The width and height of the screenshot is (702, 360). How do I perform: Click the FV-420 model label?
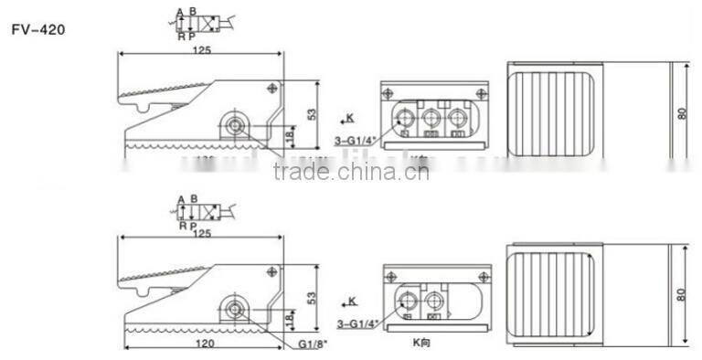[37, 28]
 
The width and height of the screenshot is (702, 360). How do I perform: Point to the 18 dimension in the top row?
[290, 136]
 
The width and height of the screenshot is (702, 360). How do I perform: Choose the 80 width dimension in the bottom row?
[681, 293]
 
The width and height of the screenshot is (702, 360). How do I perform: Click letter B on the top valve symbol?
[194, 13]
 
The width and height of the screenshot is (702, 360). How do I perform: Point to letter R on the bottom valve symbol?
[182, 226]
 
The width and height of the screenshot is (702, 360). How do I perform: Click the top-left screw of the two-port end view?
[390, 273]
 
